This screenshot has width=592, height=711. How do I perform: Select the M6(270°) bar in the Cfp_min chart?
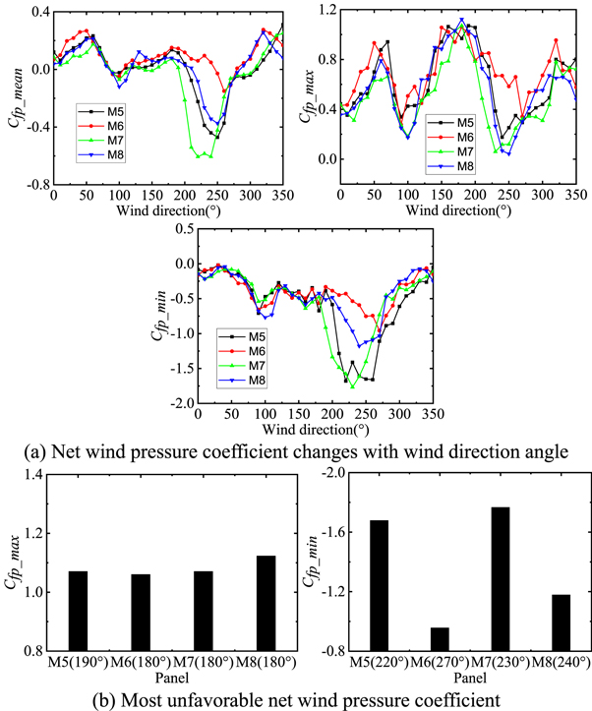pyautogui.click(x=439, y=639)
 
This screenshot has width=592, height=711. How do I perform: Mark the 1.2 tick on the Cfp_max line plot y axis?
pyautogui.click(x=322, y=11)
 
